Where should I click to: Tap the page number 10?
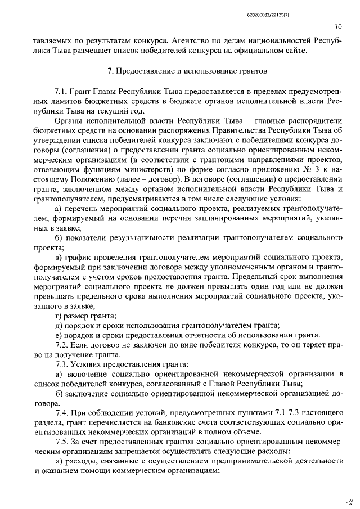[x=337, y=25]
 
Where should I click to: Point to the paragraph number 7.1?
[x=61, y=91]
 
